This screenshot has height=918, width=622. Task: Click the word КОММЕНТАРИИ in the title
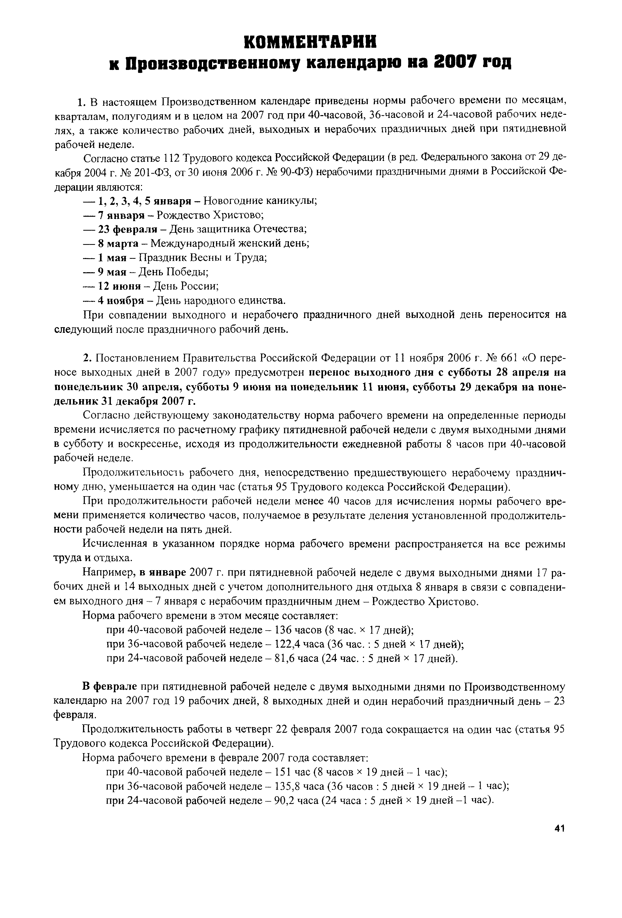(x=310, y=42)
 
